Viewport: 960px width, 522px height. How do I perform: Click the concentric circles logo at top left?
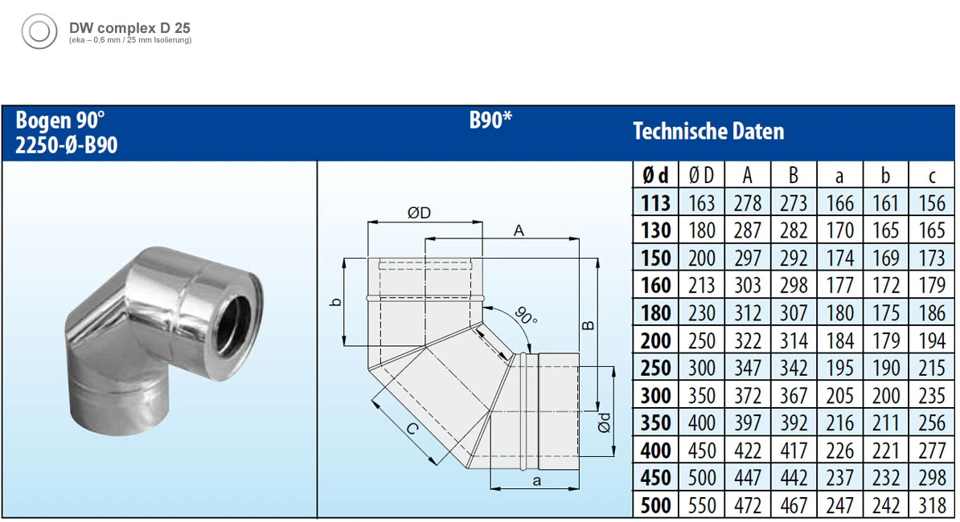click(38, 32)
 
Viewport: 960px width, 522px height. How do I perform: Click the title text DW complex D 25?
click(129, 27)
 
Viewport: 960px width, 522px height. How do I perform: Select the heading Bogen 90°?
click(60, 121)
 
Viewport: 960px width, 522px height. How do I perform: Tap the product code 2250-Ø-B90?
click(67, 145)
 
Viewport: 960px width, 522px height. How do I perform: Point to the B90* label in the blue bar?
click(490, 121)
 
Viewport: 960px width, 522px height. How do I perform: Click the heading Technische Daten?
click(708, 132)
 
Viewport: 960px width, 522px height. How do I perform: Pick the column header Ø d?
click(655, 176)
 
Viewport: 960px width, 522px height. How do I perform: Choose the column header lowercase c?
click(932, 176)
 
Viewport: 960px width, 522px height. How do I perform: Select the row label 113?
click(656, 203)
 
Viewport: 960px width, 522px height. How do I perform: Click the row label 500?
click(656, 505)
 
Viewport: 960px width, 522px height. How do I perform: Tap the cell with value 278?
click(748, 203)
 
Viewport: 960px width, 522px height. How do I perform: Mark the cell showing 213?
click(702, 285)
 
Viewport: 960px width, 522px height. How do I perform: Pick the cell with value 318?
click(932, 505)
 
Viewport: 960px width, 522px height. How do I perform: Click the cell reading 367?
click(794, 395)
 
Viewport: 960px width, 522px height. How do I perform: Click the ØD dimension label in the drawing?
click(419, 213)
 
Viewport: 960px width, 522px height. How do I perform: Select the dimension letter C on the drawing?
click(412, 430)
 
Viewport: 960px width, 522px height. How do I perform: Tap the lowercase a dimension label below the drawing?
click(536, 481)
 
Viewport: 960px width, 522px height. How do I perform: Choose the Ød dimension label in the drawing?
click(605, 422)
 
